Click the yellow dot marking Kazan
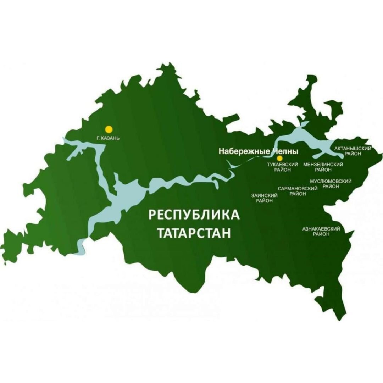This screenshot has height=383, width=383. (x=109, y=129)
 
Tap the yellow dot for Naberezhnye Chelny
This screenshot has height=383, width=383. (x=279, y=158)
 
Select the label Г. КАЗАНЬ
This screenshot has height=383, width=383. (x=107, y=138)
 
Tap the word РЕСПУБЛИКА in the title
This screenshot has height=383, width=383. (x=194, y=215)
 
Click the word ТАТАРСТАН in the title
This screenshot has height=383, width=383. (x=194, y=233)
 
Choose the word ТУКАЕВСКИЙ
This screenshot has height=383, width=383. (x=283, y=165)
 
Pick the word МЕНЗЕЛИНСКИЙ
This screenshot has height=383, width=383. (x=323, y=165)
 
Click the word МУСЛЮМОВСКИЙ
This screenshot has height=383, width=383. (x=331, y=181)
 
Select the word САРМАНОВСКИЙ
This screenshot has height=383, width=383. (x=298, y=189)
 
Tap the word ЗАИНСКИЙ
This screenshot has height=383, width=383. (x=265, y=195)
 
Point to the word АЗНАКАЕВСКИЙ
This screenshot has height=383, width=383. (x=321, y=229)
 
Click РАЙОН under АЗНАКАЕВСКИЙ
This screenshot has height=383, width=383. (x=321, y=234)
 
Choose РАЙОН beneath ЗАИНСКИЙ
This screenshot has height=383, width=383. (x=265, y=201)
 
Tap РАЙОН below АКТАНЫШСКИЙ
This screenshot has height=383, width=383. (x=353, y=154)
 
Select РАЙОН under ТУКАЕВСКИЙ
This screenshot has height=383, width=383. (x=283, y=170)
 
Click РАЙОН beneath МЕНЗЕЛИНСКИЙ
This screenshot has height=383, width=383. (x=323, y=170)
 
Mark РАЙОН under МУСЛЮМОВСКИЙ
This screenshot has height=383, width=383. (x=331, y=187)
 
